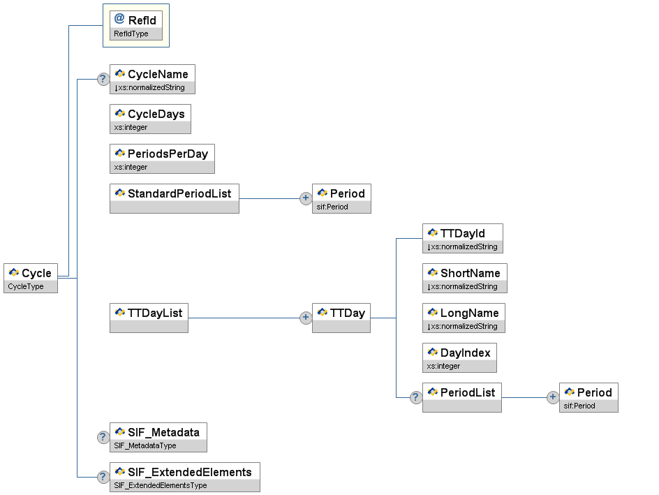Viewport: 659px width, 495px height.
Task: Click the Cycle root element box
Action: click(x=31, y=278)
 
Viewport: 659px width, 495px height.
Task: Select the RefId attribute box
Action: click(x=136, y=25)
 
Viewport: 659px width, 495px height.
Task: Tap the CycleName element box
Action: click(x=152, y=79)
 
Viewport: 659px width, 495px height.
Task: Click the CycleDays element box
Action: click(x=150, y=119)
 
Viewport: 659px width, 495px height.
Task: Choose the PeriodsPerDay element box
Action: click(x=162, y=158)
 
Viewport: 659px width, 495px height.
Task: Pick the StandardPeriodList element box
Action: click(x=175, y=198)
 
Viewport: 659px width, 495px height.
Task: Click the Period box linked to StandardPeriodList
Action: click(x=341, y=198)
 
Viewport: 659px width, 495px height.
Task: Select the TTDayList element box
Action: click(x=149, y=318)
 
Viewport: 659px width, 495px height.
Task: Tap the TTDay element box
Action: click(x=341, y=318)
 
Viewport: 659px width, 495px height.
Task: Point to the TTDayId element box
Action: click(x=462, y=238)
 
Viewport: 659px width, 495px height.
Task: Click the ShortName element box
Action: click(x=464, y=278)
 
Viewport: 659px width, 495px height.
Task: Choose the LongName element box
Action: click(x=464, y=318)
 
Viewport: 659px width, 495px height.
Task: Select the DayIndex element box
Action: click(x=459, y=357)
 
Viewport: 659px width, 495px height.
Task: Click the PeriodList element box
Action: click(x=461, y=397)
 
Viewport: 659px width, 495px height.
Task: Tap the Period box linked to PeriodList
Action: click(x=588, y=397)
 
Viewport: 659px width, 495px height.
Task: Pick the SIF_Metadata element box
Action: click(x=158, y=437)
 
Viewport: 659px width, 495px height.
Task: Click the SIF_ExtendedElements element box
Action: click(x=184, y=477)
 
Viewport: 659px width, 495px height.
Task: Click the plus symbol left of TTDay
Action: click(x=305, y=318)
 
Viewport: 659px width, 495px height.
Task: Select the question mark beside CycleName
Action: click(x=103, y=79)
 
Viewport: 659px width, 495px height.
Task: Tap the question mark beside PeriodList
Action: click(x=415, y=397)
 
